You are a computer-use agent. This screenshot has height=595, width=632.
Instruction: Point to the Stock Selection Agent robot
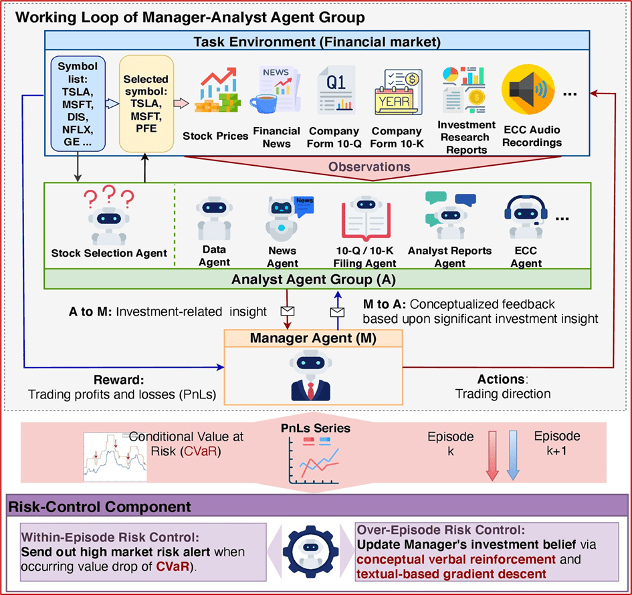click(x=108, y=217)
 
